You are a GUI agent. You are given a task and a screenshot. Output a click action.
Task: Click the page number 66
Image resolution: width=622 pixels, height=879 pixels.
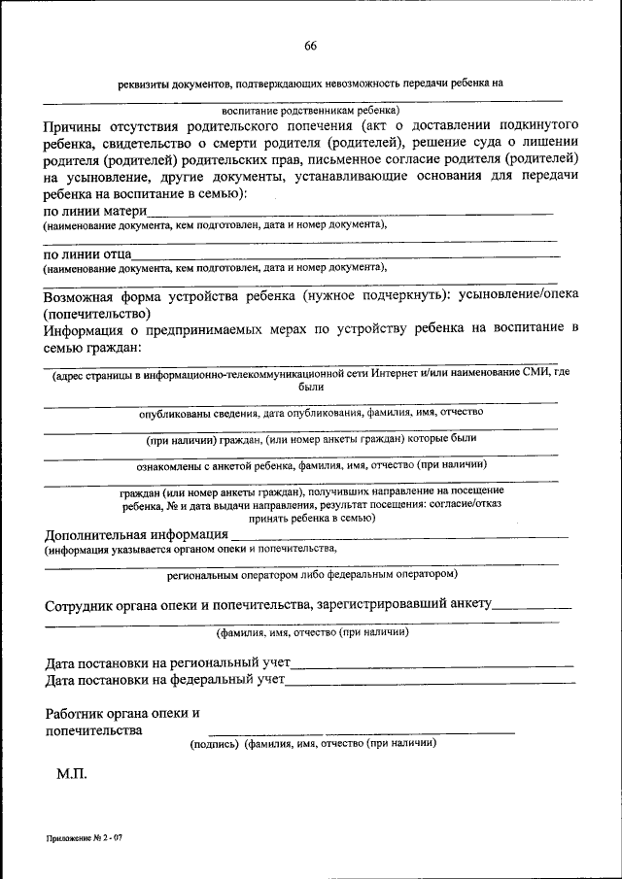point(310,47)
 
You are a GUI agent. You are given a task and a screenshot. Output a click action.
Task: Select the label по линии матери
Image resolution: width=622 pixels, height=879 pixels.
point(95,211)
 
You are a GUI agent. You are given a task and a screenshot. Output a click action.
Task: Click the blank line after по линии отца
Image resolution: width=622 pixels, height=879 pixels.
point(350,255)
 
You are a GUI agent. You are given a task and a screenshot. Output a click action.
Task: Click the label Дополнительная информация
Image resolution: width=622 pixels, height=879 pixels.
point(136,534)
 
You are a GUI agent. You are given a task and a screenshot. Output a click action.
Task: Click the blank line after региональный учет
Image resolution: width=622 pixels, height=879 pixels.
point(432,665)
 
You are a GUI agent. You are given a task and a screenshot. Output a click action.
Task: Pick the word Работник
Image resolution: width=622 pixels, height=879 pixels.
point(78,713)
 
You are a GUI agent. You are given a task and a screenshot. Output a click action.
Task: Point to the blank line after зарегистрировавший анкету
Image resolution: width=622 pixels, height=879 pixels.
point(533,608)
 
